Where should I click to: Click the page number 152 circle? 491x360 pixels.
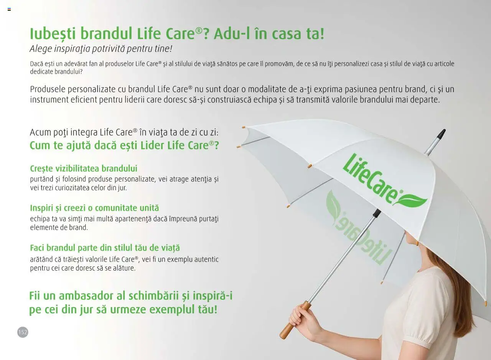[23, 332]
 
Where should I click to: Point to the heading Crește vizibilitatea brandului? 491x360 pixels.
[84, 168]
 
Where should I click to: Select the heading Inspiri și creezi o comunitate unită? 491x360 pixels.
[94, 208]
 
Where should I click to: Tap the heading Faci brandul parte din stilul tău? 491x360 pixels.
[105, 248]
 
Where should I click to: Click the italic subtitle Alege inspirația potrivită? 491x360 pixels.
[101, 49]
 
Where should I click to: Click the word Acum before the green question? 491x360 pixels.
[40, 132]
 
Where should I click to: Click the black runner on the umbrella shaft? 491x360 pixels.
[377, 213]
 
